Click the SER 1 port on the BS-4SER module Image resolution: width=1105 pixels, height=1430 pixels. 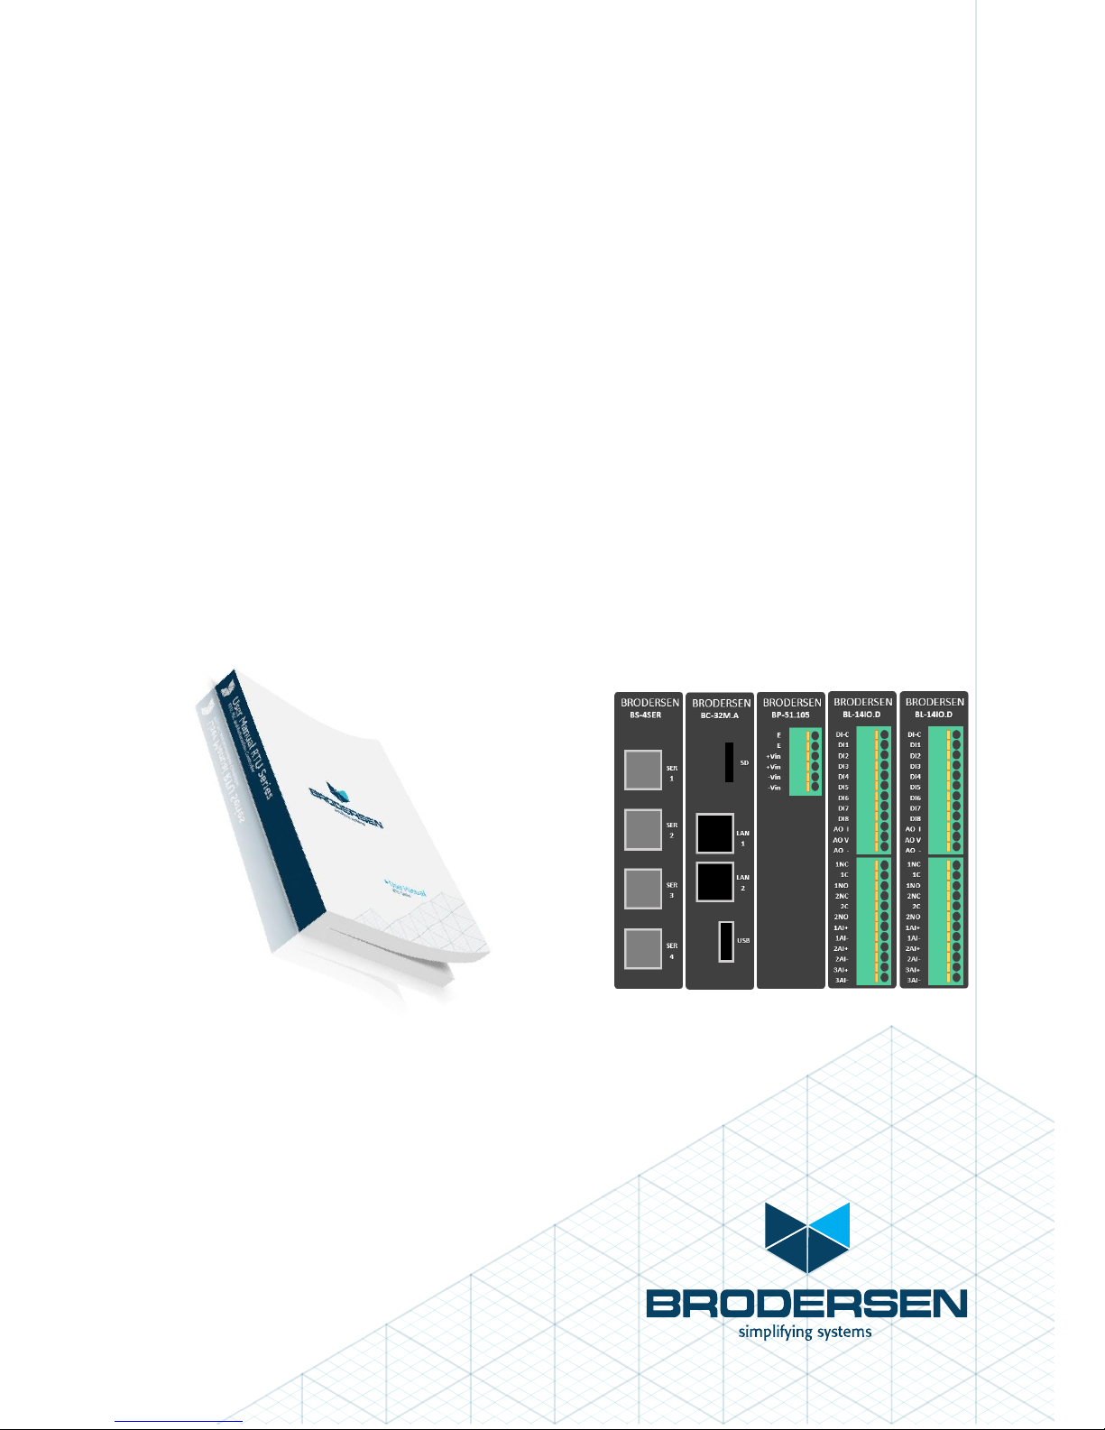643,770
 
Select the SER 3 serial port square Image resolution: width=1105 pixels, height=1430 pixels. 643,889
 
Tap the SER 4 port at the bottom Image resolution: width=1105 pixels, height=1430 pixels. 643,948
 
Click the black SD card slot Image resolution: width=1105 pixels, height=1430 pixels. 729,762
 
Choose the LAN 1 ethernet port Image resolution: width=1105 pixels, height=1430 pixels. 714,834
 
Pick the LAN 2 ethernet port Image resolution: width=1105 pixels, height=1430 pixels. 714,881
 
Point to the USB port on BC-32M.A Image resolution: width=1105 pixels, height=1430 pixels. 725,941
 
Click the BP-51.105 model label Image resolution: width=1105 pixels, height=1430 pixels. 791,715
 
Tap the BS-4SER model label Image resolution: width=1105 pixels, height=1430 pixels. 649,715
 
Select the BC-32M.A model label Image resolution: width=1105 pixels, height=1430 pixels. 720,715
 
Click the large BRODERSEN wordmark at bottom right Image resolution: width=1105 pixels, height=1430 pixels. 806,1304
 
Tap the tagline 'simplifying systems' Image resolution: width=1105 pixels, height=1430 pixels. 805,1332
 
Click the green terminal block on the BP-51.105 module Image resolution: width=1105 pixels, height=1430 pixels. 805,761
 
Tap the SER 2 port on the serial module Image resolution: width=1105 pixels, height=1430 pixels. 643,829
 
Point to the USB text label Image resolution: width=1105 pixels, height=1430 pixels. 743,940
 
